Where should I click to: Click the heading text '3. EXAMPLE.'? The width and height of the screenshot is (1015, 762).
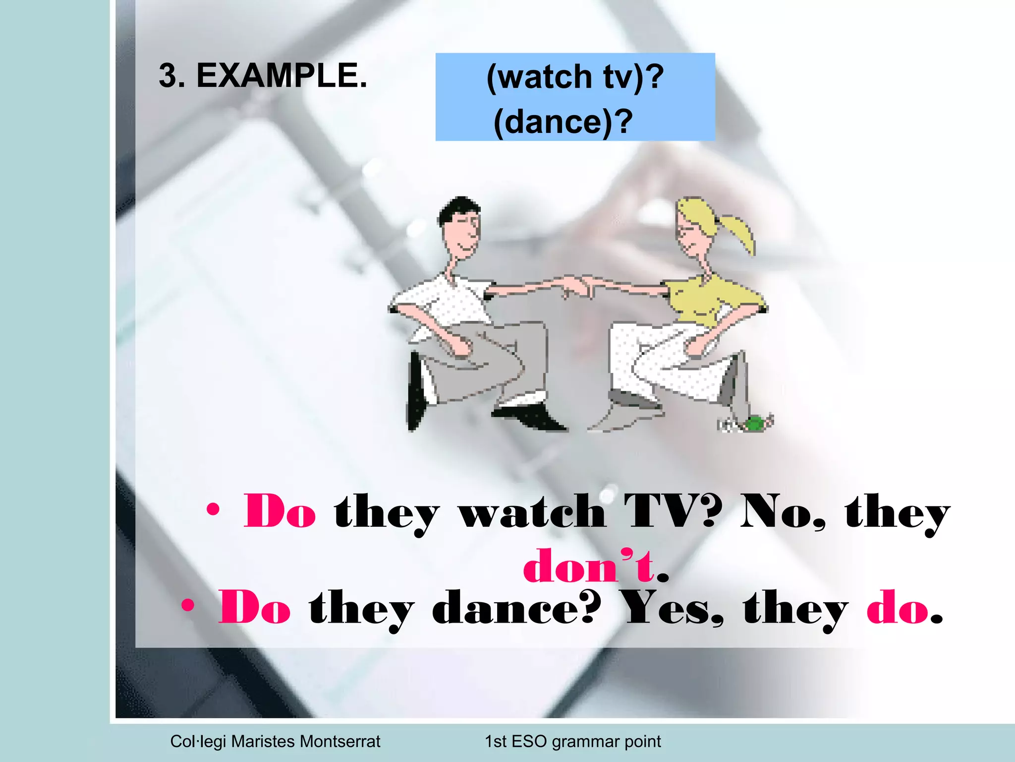pyautogui.click(x=263, y=76)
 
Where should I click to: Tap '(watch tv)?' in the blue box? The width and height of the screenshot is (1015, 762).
pyautogui.click(x=575, y=77)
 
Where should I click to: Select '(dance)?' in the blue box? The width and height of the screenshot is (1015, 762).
pyautogui.click(x=564, y=122)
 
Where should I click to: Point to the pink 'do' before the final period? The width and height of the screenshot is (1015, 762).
pyautogui.click(x=897, y=609)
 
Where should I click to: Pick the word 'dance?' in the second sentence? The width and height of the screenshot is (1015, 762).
pyautogui.click(x=516, y=609)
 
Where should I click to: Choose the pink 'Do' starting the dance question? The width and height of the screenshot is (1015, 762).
pyautogui.click(x=255, y=609)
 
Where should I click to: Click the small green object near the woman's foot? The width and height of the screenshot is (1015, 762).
pyautogui.click(x=754, y=424)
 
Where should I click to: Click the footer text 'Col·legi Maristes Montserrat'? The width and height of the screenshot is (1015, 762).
pyautogui.click(x=275, y=741)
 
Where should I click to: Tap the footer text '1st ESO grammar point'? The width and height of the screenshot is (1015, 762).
pyautogui.click(x=572, y=741)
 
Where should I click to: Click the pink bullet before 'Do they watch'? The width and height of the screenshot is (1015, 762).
pyautogui.click(x=213, y=509)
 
